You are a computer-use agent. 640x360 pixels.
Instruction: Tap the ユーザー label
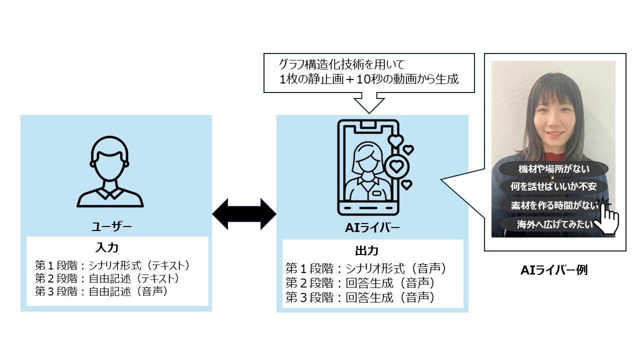(111, 227)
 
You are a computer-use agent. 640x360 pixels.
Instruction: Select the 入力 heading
(106, 248)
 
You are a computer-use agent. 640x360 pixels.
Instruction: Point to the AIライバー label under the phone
(372, 228)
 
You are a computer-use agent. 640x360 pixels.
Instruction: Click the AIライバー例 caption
(554, 270)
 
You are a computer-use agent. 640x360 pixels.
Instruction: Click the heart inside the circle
(396, 165)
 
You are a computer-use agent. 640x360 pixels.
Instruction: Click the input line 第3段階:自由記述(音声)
(100, 291)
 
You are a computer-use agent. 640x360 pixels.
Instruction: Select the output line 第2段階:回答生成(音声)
(360, 283)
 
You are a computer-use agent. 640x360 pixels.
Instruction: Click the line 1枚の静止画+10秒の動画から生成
(369, 79)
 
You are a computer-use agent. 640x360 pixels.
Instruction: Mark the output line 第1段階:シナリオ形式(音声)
(365, 269)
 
